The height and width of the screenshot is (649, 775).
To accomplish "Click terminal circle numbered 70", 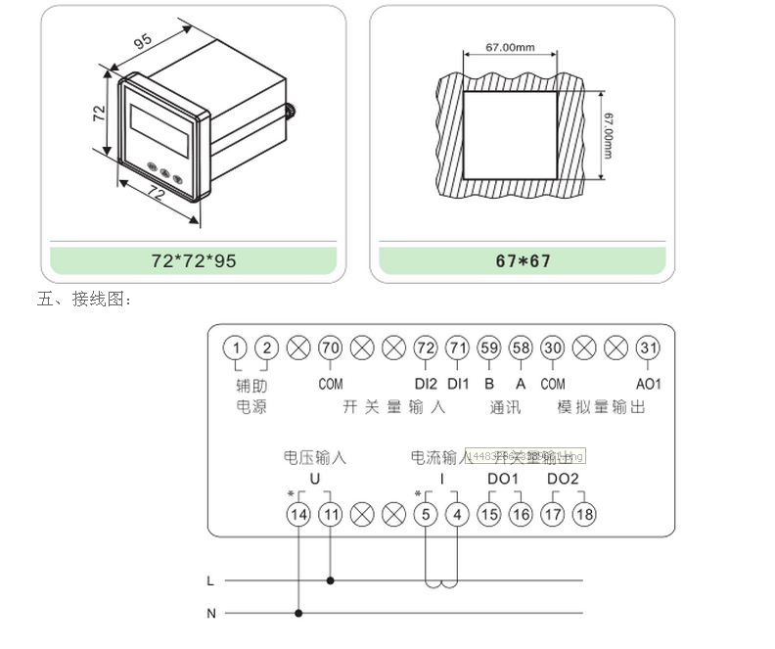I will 331,348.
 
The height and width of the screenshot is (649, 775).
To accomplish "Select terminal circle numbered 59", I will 489,348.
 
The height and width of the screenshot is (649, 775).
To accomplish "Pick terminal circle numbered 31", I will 648,348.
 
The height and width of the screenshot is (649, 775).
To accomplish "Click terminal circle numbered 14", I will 298,513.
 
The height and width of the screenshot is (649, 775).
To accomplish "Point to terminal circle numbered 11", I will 331,513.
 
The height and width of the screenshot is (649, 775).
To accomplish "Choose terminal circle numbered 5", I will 426,513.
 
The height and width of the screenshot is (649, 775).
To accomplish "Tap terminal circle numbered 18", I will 584,513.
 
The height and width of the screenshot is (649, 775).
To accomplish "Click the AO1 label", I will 648,384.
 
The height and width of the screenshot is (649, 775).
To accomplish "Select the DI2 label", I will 426,384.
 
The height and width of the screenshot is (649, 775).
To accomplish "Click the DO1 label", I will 503,479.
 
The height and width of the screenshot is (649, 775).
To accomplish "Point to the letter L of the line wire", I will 210,580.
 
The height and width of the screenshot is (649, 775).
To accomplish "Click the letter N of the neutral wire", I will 210,614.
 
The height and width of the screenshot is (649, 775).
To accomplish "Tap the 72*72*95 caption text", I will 194,261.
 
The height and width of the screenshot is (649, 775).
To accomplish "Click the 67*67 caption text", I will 524,261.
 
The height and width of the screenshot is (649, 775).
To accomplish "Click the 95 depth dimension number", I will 143,42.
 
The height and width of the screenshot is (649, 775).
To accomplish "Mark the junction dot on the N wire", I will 298,614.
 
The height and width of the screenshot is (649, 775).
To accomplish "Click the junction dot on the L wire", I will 331,580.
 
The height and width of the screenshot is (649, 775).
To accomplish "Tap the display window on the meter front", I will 159,128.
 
